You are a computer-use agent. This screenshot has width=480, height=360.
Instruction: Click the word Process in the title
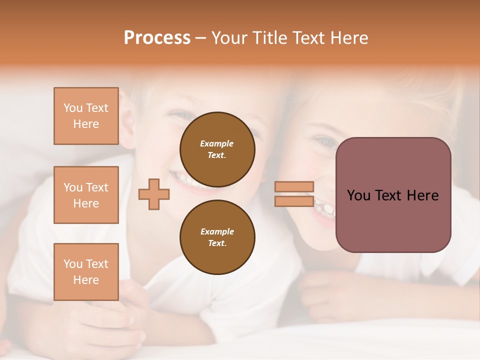157,38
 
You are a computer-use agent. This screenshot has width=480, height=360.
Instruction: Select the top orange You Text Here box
86,116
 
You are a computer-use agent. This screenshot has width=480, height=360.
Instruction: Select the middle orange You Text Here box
86,195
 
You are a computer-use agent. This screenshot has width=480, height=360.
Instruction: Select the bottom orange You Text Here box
86,272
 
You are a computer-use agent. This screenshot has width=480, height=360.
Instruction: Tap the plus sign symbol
154,194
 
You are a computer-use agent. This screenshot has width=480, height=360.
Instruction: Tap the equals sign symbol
294,194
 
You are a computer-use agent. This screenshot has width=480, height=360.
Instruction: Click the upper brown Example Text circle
217,149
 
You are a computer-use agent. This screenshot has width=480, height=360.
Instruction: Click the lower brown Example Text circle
217,237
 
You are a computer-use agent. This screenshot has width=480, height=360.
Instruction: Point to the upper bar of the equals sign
294,186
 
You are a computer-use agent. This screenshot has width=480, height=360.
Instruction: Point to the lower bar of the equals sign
294,201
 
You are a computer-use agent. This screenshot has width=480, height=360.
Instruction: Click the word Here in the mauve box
422,195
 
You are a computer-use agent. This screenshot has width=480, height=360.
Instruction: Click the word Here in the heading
348,38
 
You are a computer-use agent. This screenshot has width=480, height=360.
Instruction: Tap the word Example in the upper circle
217,143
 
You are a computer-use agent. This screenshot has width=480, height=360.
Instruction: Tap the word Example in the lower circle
217,231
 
